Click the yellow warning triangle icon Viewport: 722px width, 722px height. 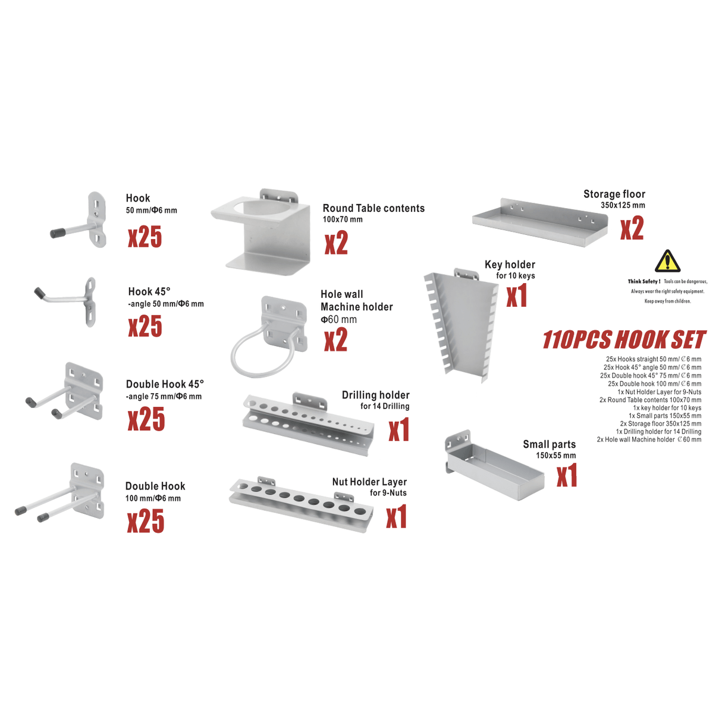coord(667,261)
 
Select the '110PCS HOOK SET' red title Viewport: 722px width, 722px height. coord(624,340)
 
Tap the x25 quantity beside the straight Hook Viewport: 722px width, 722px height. coord(145,237)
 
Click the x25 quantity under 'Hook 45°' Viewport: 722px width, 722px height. coord(145,326)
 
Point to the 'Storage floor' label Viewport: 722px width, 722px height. coord(614,194)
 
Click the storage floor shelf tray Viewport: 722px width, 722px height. coord(540,222)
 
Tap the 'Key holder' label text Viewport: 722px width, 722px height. coord(510,265)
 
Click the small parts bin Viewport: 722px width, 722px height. coord(495,465)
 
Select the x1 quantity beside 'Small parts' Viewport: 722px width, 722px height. coord(567,475)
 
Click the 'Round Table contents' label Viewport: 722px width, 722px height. coord(373,208)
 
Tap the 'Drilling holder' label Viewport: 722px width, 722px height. coord(375,395)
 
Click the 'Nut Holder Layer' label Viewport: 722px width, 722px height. coord(369,482)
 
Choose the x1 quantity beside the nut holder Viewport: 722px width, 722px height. coord(397,517)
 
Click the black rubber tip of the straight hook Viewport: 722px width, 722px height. coord(58,233)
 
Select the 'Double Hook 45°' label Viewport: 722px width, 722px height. coord(165,384)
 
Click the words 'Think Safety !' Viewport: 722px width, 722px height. coord(644,281)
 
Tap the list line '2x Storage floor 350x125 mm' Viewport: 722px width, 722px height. coord(661,424)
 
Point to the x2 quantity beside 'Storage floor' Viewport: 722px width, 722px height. coord(632,228)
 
